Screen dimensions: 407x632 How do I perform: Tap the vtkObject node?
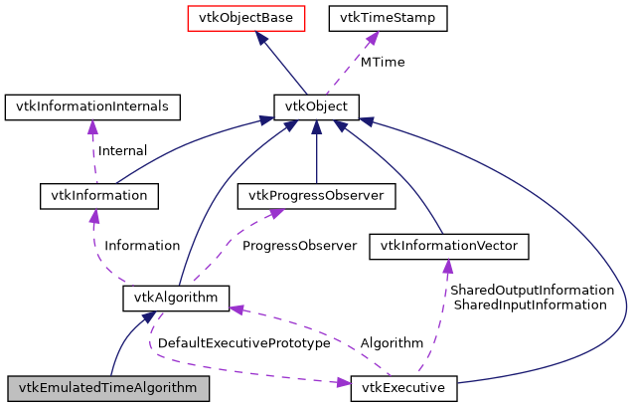pyautogui.click(x=316, y=105)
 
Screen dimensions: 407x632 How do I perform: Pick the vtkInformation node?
pyautogui.click(x=98, y=196)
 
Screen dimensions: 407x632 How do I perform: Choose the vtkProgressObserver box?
pyautogui.click(x=316, y=196)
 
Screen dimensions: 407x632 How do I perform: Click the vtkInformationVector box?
pyautogui.click(x=447, y=245)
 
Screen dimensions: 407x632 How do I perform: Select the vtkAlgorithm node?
pyautogui.click(x=177, y=297)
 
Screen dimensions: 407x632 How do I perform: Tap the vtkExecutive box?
pyautogui.click(x=403, y=387)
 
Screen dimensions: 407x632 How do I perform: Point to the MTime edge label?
pyautogui.click(x=382, y=62)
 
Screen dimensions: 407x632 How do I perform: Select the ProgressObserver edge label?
pyautogui.click(x=299, y=245)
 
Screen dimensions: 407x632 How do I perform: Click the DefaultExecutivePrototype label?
pyautogui.click(x=243, y=342)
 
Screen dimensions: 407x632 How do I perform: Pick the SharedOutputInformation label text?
pyautogui.click(x=532, y=290)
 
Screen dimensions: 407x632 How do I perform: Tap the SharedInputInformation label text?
pyautogui.click(x=529, y=305)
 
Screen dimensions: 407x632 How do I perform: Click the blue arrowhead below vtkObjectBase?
pyautogui.click(x=259, y=38)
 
